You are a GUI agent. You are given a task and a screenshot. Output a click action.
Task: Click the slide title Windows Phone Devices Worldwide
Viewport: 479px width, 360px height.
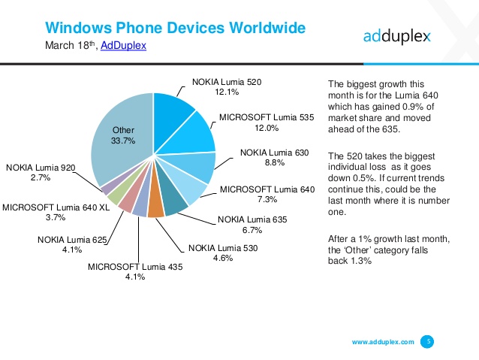click(x=175, y=28)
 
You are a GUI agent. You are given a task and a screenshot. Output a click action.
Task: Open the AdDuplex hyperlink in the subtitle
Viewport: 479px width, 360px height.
click(x=123, y=46)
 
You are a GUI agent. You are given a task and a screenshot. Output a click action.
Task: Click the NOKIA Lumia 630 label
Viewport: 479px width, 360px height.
click(x=274, y=153)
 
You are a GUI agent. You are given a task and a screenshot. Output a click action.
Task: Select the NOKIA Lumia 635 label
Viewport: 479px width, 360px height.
click(x=252, y=219)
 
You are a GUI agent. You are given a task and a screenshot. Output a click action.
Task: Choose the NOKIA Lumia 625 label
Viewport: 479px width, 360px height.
click(x=72, y=240)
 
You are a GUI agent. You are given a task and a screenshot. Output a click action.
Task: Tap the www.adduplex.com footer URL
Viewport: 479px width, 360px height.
click(x=383, y=342)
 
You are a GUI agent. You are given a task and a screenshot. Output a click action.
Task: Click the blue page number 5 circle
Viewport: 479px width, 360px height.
click(x=429, y=341)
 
